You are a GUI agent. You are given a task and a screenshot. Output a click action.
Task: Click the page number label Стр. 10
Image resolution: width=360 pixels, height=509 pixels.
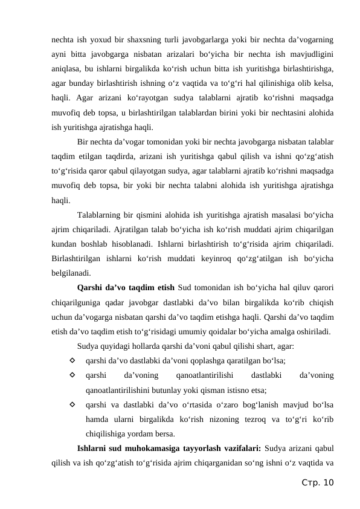pyautogui.click(x=319, y=483)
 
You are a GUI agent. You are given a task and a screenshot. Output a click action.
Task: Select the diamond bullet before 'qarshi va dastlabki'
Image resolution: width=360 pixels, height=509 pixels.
pyautogui.click(x=72, y=405)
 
